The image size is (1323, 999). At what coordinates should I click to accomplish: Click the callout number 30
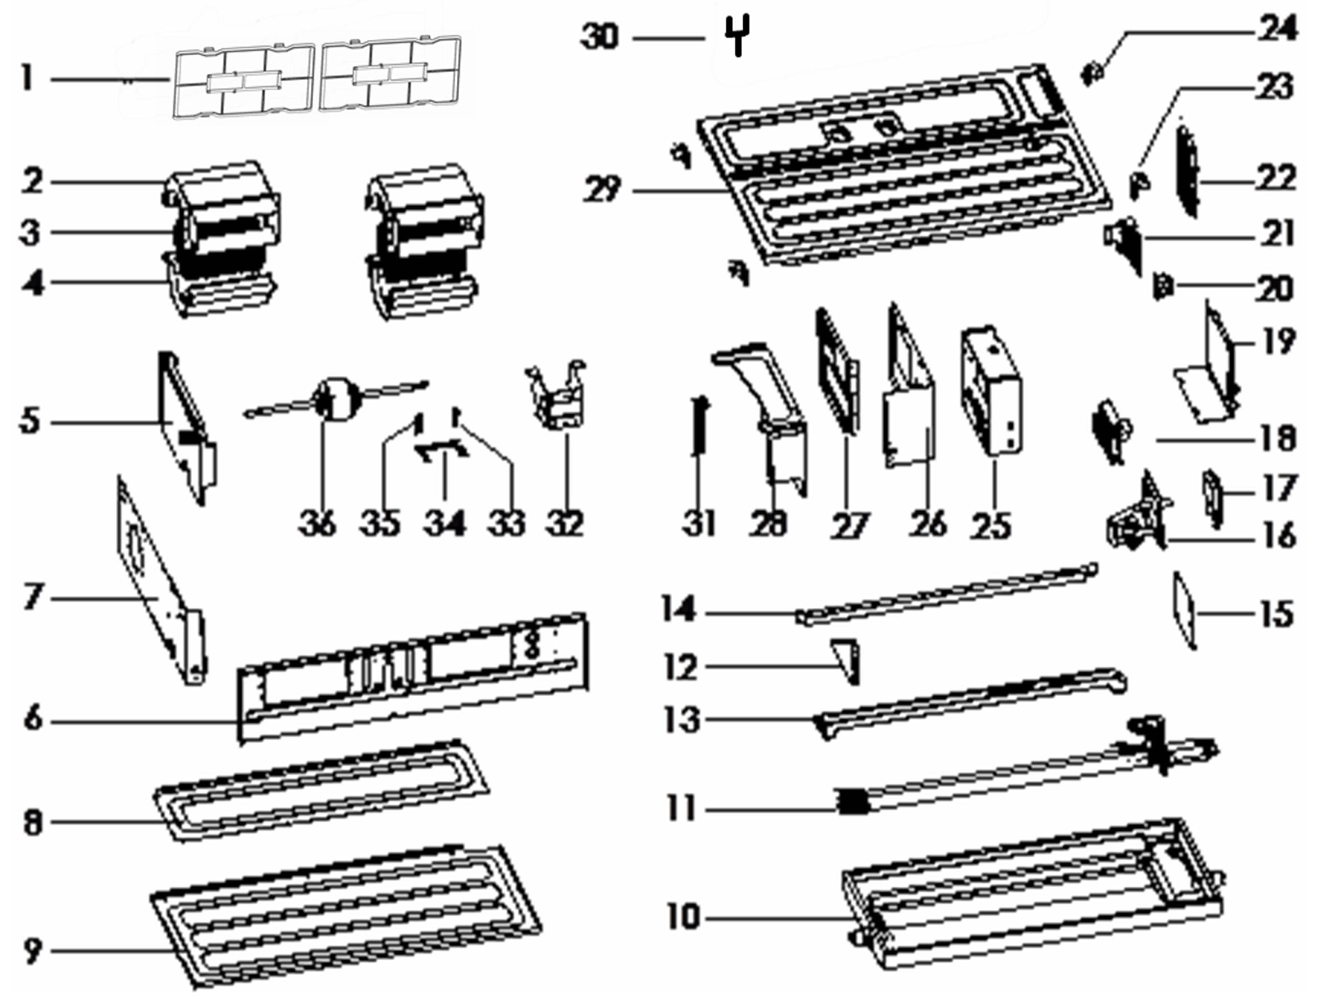pyautogui.click(x=600, y=37)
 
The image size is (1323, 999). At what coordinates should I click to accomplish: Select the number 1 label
pyautogui.click(x=26, y=79)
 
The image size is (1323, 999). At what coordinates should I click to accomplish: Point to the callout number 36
pyautogui.click(x=318, y=524)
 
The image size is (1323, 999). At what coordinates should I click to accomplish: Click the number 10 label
pyautogui.click(x=683, y=917)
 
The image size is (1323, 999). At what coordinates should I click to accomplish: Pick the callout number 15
pyautogui.click(x=1277, y=613)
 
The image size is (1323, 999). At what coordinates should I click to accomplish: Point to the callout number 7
pyautogui.click(x=33, y=597)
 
